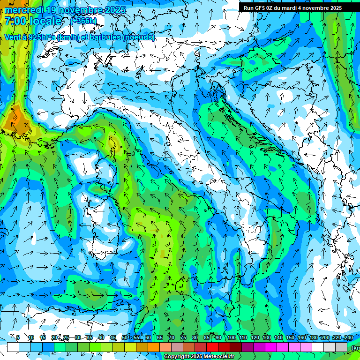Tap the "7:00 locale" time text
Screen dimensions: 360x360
pyautogui.click(x=33, y=21)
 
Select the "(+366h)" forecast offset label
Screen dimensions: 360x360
pyautogui.click(x=84, y=21)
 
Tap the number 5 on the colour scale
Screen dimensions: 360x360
pyautogui.click(x=18, y=338)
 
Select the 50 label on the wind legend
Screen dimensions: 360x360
pyautogui.click(x=124, y=338)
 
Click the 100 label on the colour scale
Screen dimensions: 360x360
pyautogui.click(x=231, y=338)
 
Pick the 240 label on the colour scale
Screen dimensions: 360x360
pyautogui.click(x=348, y=338)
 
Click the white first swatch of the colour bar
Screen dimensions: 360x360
pyautogui.click(x=13, y=347)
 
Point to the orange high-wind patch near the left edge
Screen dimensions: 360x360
pyautogui.click(x=16, y=120)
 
